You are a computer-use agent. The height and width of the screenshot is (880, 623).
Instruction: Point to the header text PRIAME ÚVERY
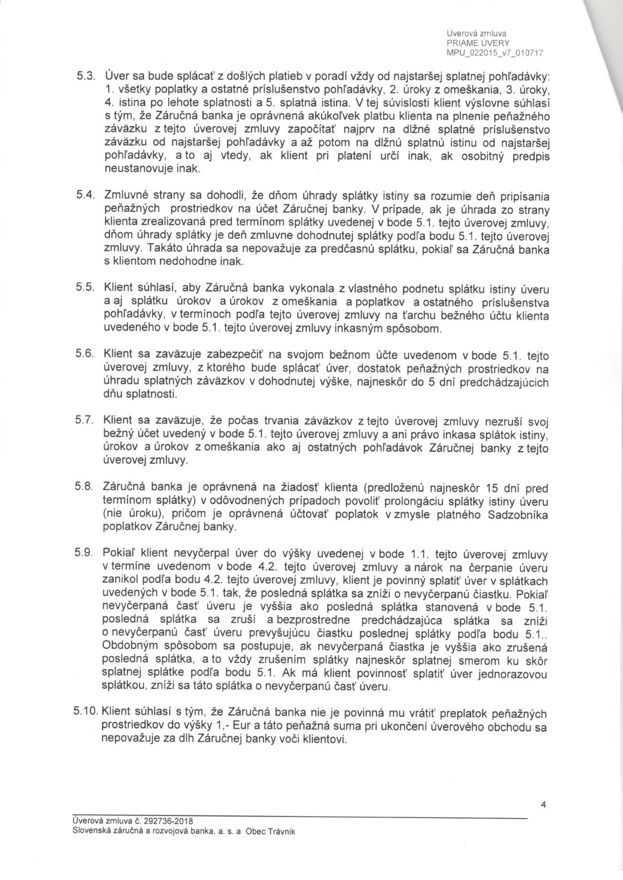[x=478, y=43]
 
